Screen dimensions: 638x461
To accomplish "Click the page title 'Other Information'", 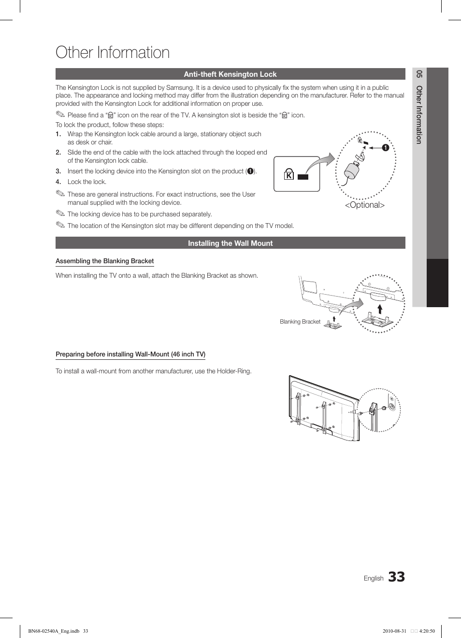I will [113, 53].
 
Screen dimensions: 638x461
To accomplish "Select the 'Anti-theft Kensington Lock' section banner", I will [230, 74].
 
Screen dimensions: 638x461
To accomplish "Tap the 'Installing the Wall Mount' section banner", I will [230, 243].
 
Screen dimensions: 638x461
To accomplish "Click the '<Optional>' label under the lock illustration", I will [364, 205].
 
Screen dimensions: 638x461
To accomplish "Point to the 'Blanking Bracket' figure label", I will [300, 322].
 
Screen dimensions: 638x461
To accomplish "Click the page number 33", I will [396, 577].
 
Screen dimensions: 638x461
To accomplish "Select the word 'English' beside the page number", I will [374, 579].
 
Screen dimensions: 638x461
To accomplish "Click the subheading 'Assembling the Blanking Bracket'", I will [104, 261].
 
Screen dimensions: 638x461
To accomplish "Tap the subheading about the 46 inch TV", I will [130, 354].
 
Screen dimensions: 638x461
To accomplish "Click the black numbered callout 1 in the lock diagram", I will [386, 148].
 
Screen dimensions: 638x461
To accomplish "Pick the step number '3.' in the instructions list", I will [58, 171].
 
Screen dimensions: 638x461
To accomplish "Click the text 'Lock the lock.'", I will [87, 182].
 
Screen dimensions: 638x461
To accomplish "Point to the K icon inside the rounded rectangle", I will [288, 175].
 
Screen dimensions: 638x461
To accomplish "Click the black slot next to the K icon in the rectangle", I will [303, 177].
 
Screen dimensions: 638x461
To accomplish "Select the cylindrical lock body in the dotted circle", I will [352, 170].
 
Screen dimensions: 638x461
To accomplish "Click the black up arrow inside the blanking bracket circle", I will [380, 309].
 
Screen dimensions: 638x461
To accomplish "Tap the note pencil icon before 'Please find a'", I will [60, 114].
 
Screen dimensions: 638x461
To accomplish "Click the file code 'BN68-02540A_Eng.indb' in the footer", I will [54, 631].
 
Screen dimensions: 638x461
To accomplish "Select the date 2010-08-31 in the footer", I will [394, 631].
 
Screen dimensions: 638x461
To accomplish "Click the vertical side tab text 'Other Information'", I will [419, 115].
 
